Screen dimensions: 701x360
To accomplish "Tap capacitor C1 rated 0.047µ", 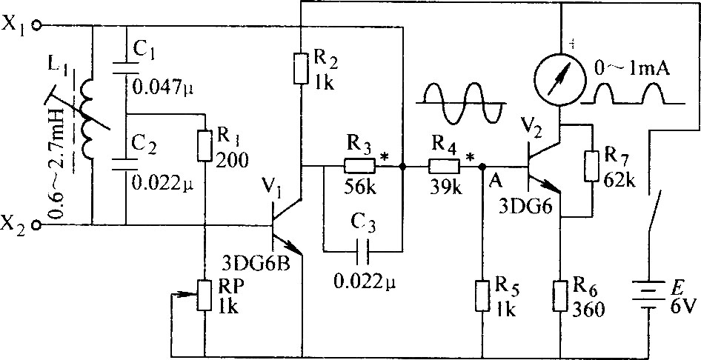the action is point(126,67).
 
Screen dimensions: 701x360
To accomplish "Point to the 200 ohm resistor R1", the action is point(205,146).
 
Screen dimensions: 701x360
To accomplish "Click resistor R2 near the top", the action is point(302,68).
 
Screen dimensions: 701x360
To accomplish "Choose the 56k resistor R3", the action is point(360,167).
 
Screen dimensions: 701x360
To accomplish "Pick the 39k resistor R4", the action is point(445,167).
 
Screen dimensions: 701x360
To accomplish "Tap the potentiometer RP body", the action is point(205,296).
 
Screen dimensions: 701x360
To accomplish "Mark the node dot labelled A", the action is point(482,167).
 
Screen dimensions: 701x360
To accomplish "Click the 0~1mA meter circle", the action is point(559,80).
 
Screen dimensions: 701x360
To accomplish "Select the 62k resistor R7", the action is point(591,166).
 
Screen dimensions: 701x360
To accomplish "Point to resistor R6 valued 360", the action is point(559,296).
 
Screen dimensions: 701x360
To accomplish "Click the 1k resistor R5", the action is point(482,296).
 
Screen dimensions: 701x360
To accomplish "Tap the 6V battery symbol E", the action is point(648,295).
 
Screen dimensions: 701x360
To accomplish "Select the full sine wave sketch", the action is point(460,103).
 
